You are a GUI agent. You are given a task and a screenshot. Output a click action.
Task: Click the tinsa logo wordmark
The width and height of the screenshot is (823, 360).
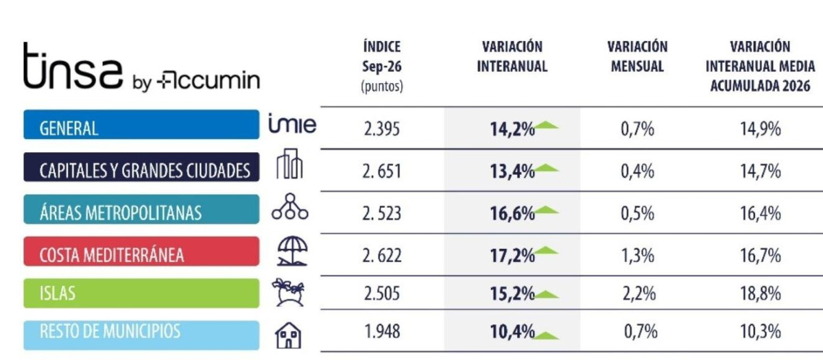[x=73, y=66]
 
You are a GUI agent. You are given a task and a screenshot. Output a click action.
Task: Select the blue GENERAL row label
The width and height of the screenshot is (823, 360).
[x=141, y=125]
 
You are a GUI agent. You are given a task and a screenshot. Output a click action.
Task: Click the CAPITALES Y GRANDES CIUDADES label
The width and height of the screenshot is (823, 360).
[x=141, y=167]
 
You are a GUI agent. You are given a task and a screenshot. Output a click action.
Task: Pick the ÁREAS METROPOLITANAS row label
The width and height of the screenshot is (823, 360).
[x=141, y=209]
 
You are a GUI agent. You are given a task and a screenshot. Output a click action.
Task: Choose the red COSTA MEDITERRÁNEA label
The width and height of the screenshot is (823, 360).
[x=141, y=252]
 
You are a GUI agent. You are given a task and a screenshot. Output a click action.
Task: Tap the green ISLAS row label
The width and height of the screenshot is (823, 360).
[x=141, y=293]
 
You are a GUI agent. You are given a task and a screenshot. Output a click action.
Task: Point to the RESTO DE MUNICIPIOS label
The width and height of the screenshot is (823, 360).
[x=141, y=335]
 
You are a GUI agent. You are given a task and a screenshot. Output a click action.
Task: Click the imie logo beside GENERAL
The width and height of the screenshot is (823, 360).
[x=292, y=123]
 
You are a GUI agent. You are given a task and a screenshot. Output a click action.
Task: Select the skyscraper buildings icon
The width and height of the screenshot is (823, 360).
[x=289, y=164]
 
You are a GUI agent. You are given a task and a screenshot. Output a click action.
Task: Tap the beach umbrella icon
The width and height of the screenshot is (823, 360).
[x=292, y=251]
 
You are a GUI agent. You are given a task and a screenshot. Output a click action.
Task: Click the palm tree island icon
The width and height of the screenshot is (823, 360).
[x=289, y=292]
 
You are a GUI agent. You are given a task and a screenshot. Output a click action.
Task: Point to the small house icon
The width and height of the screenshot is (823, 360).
[x=289, y=335]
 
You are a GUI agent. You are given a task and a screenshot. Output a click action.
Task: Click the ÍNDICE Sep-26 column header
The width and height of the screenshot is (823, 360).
[x=382, y=67]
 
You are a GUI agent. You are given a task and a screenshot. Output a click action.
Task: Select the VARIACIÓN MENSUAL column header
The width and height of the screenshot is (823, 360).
[x=637, y=56]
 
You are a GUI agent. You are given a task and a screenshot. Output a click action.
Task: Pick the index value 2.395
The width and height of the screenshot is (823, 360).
[x=382, y=129]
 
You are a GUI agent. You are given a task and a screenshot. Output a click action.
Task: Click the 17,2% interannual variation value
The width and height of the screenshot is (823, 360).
[x=512, y=256]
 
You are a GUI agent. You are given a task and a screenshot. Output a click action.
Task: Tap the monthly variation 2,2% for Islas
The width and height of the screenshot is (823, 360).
[x=639, y=293]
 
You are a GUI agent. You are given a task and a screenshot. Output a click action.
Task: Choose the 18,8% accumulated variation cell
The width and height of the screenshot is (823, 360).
[x=761, y=293]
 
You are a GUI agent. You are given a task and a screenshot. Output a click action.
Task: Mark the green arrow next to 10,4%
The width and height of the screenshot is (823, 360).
[x=547, y=336]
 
